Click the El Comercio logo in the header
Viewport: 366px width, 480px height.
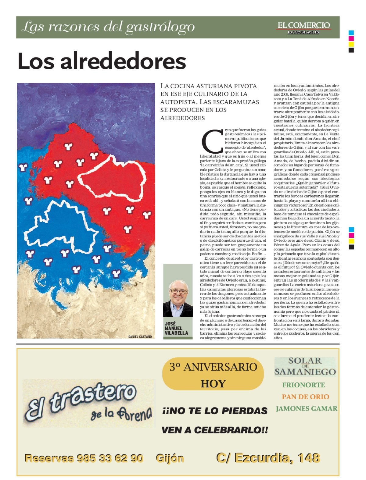click(x=303, y=27)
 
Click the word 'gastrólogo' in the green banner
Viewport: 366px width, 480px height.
click(x=160, y=27)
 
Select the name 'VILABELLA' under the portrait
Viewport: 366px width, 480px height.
click(x=176, y=333)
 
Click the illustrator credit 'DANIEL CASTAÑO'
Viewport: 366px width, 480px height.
click(x=140, y=336)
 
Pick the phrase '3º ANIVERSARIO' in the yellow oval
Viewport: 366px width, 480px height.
click(x=213, y=367)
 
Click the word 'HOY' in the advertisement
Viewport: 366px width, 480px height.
click(x=213, y=383)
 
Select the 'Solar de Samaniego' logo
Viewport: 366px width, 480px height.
click(x=305, y=366)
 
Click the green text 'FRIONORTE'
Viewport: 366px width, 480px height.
click(x=303, y=385)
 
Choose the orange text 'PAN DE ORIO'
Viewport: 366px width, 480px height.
click(x=305, y=397)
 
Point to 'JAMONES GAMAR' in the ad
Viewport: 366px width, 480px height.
click(x=307, y=409)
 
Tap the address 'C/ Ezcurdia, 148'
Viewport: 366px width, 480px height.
click(x=268, y=458)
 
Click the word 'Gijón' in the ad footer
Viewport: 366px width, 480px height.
click(x=170, y=458)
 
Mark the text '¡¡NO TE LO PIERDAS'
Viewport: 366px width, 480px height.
click(x=215, y=411)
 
